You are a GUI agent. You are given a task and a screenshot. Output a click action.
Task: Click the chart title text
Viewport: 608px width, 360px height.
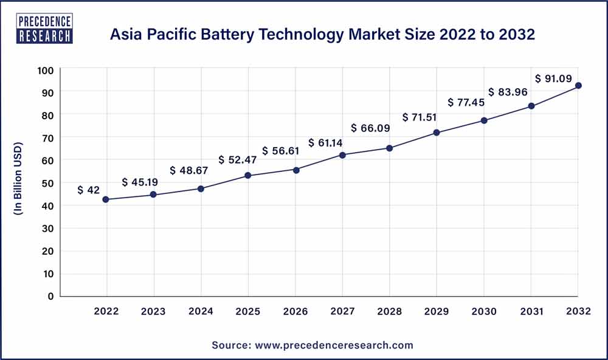pyautogui.click(x=322, y=35)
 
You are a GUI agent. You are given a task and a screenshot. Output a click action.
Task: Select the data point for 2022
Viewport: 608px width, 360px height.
pyautogui.click(x=106, y=199)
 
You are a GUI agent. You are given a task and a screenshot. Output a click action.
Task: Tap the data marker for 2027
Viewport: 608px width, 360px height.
pyautogui.click(x=342, y=155)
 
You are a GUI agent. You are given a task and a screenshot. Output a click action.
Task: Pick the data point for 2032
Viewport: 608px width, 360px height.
pyautogui.click(x=578, y=86)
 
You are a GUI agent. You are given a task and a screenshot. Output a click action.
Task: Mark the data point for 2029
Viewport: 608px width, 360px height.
pyautogui.click(x=437, y=133)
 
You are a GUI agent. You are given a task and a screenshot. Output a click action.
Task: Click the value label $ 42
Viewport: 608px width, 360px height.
pyautogui.click(x=89, y=190)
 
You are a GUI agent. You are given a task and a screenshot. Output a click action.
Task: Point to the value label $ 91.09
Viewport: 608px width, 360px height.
pyautogui.click(x=553, y=78)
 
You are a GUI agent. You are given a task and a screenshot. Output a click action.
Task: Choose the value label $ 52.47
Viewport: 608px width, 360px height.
pyautogui.click(x=238, y=161)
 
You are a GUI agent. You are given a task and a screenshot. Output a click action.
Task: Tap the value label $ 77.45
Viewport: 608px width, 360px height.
pyautogui.click(x=467, y=102)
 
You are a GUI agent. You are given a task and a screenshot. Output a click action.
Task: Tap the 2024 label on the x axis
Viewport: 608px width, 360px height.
pyautogui.click(x=201, y=311)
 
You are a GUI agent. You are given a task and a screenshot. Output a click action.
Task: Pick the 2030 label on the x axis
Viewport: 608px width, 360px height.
pyautogui.click(x=484, y=311)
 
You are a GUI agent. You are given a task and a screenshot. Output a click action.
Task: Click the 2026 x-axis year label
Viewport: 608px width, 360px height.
pyautogui.click(x=295, y=311)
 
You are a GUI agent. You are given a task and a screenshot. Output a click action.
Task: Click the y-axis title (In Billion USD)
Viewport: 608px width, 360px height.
pyautogui.click(x=18, y=183)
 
